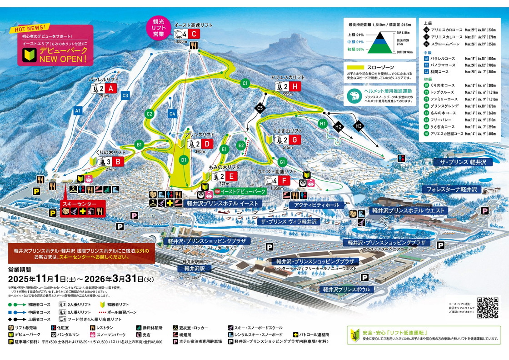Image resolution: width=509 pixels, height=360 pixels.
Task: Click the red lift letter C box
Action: tap(194, 34)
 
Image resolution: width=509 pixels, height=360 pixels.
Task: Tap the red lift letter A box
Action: tap(112, 88)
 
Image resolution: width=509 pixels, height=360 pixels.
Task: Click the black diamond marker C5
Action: tap(260, 108)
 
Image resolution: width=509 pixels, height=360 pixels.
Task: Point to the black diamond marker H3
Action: tap(359, 125)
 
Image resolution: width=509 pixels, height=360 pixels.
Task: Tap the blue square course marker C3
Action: tap(125, 95)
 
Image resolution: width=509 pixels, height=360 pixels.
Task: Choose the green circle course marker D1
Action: tap(184, 160)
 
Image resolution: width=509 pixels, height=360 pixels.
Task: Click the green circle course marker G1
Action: tap(282, 162)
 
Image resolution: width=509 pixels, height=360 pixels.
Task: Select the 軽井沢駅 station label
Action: tap(193, 269)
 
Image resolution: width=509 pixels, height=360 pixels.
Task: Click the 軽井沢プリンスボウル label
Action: tap(346, 289)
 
